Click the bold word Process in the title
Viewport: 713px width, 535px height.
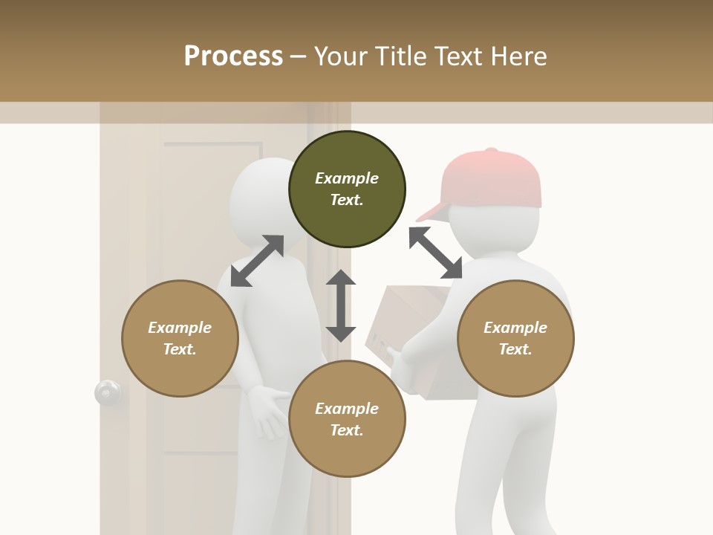(x=233, y=56)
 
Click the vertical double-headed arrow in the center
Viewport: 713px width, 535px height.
(x=341, y=305)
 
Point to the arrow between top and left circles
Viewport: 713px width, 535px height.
(x=257, y=261)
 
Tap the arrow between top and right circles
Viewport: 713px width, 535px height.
(x=435, y=253)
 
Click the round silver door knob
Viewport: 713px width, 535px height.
(x=108, y=392)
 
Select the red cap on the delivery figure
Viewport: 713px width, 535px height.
(x=494, y=178)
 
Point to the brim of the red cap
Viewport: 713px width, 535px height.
(x=433, y=214)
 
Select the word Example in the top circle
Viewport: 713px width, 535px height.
(x=347, y=178)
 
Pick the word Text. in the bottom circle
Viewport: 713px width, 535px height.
(x=347, y=430)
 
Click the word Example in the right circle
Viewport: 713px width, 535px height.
(x=515, y=328)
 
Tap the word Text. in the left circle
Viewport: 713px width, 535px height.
(x=180, y=349)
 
